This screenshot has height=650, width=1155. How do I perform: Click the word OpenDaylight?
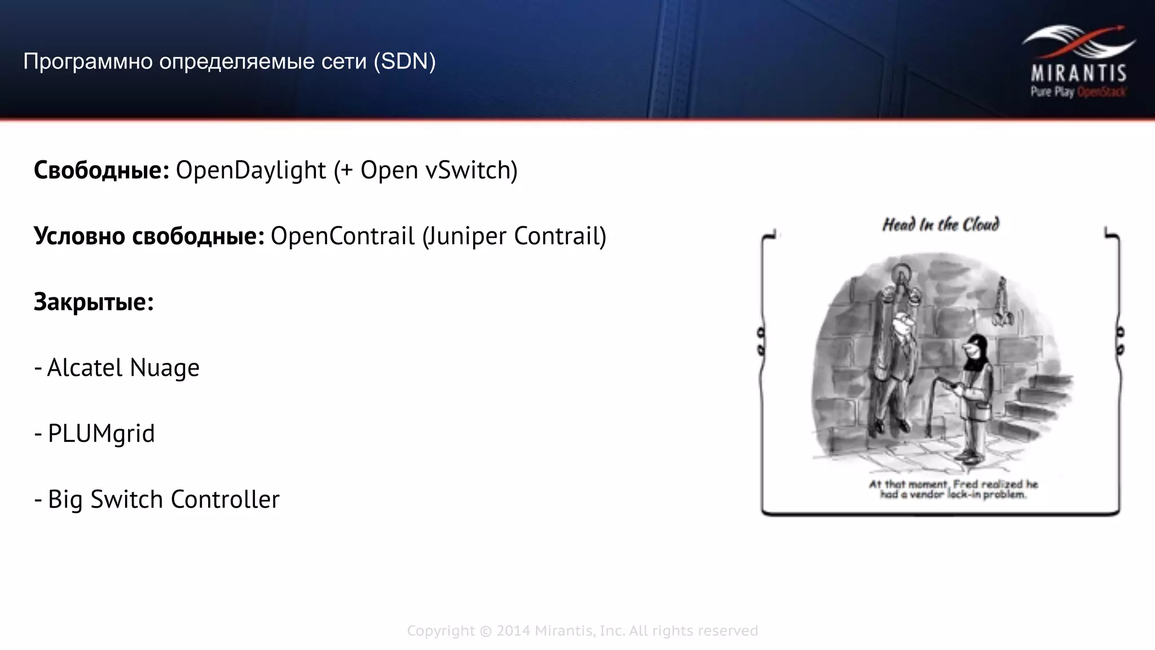coord(251,170)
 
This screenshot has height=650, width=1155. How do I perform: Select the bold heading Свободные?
coord(102,170)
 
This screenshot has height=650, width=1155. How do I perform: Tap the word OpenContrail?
coord(342,236)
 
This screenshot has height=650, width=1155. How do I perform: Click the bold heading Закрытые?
coord(94,302)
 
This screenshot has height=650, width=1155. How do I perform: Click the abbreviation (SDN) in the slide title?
coord(404,61)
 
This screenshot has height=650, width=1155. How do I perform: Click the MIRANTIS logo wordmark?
coord(1078,73)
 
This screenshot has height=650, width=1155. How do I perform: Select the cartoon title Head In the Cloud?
coord(940,225)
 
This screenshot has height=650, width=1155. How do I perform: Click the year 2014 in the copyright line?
coord(513,631)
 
